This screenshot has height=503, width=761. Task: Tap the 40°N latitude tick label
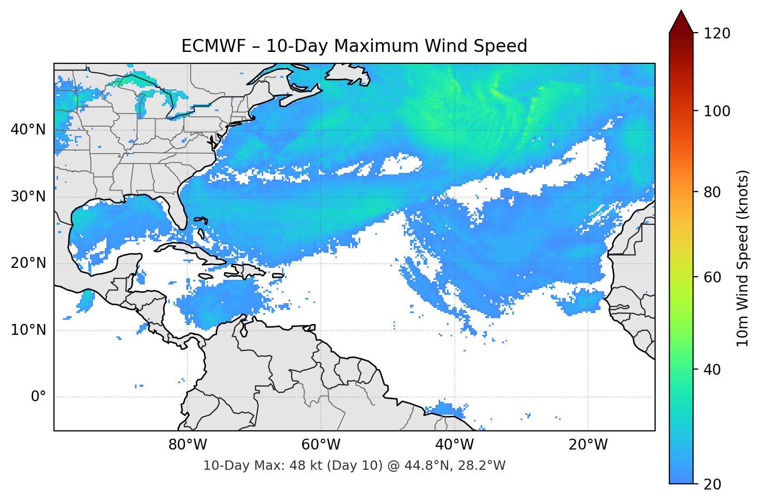[28, 130]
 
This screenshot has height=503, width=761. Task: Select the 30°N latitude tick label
[28, 197]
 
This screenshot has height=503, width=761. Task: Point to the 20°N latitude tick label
[28, 263]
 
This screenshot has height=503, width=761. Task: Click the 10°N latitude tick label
[28, 330]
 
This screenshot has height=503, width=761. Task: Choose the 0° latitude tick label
[38, 397]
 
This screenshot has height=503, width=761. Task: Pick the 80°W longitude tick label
[187, 445]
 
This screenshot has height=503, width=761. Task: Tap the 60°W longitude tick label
[321, 445]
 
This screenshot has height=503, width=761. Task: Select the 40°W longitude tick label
[454, 445]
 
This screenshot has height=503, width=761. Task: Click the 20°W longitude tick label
[588, 445]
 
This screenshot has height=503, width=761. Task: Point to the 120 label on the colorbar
[716, 34]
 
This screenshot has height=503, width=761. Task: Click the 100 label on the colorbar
[716, 111]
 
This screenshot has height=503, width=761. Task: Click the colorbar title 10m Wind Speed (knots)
[743, 258]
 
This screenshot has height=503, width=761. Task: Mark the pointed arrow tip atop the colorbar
[681, 11]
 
